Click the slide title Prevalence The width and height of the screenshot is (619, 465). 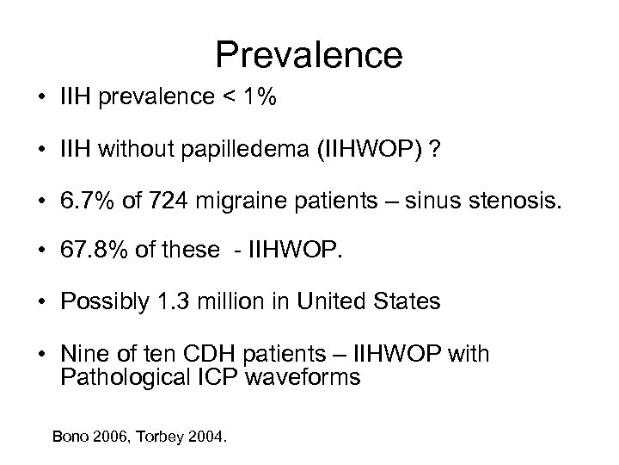pos(309,54)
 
